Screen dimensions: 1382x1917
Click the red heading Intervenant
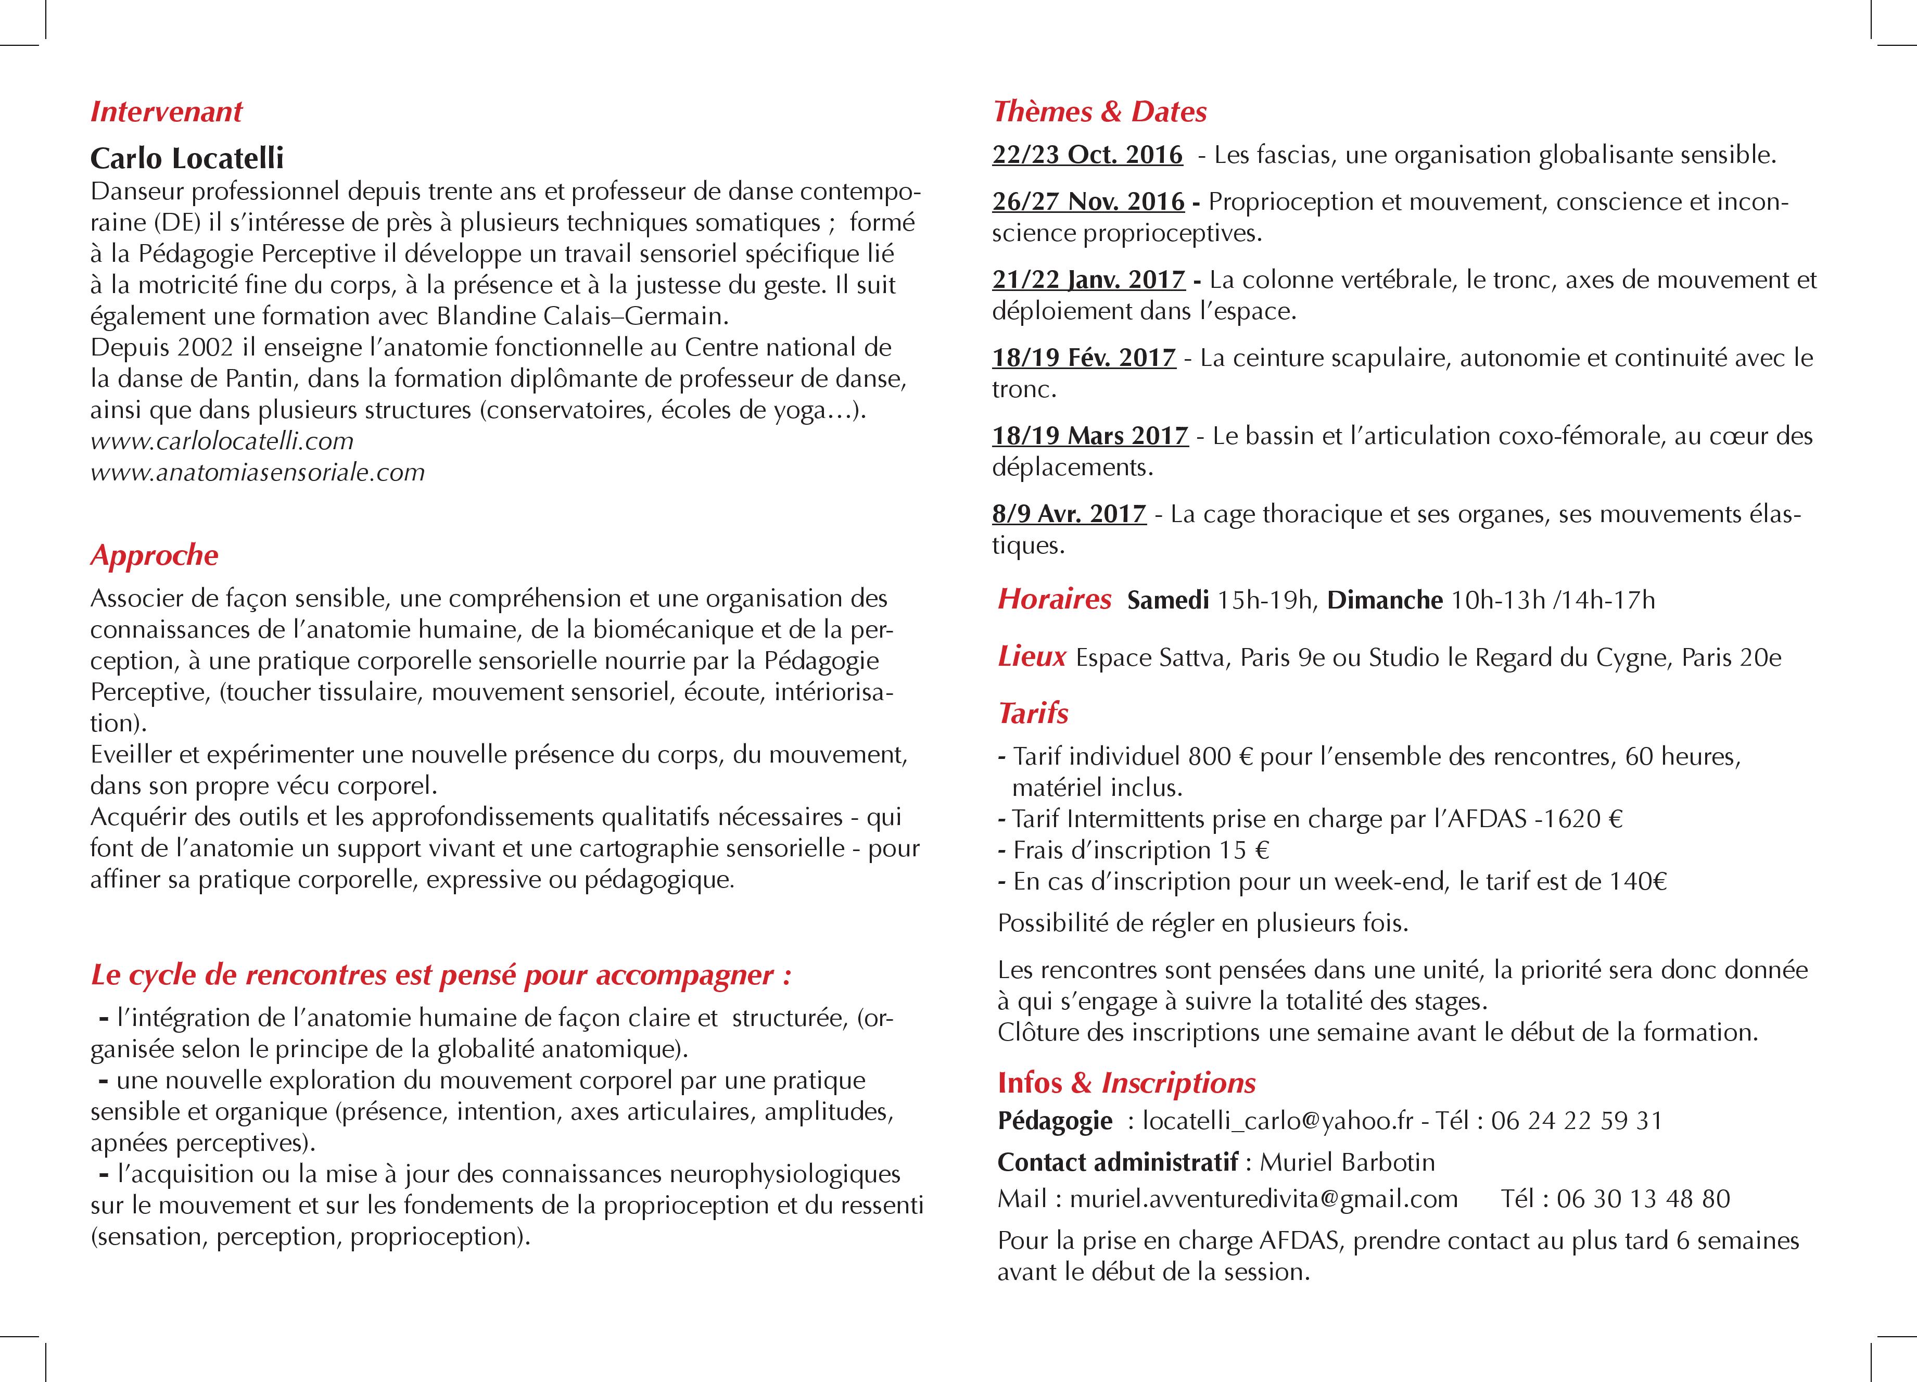tap(167, 111)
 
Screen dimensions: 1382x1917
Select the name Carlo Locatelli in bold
tap(187, 158)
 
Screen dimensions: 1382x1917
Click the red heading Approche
tap(154, 555)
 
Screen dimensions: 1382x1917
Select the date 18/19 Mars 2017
tap(1090, 436)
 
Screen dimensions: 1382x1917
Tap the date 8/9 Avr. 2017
tap(1069, 514)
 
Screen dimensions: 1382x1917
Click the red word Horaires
tap(1054, 599)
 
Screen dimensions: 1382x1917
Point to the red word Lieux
tap(1031, 657)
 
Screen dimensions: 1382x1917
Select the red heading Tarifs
tap(1033, 714)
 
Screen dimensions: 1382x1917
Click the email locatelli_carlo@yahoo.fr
tap(1277, 1121)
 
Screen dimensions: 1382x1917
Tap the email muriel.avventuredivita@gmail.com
tap(1264, 1199)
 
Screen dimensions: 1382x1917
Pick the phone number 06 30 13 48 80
tap(1643, 1199)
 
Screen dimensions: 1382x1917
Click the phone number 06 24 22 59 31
tap(1577, 1121)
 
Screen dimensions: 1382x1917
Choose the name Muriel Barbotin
tap(1347, 1162)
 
